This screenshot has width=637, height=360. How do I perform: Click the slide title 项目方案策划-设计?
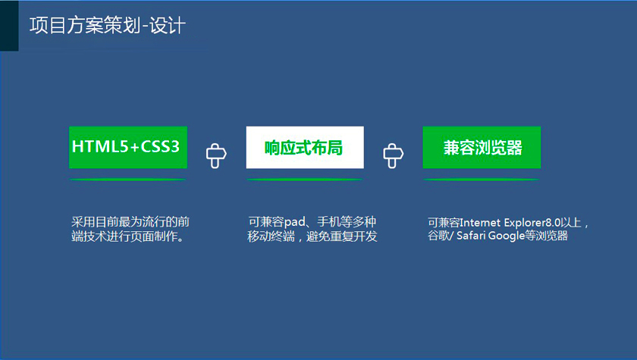pos(108,26)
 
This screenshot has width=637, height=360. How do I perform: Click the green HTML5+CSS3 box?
pos(128,147)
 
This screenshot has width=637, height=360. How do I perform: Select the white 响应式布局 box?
pos(305,147)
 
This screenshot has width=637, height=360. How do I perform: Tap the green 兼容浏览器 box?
pos(482,147)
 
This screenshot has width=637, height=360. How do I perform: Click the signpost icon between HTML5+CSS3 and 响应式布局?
pos(216,155)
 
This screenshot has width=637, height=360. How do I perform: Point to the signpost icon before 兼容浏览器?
pos(394,155)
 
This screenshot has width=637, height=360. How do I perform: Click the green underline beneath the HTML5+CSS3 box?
pos(128,180)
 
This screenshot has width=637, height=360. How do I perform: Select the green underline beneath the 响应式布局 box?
pos(305,180)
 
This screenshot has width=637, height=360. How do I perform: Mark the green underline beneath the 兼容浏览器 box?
pos(482,180)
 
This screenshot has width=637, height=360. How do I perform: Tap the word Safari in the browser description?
pos(471,236)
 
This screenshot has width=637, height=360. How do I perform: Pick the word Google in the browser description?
pos(507,236)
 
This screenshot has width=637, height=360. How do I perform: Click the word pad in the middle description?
pos(294,222)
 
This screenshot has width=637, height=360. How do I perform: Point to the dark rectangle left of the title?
pos(9,26)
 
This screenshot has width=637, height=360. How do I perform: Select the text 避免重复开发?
pos(342,236)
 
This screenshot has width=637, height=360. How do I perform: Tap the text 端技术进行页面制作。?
pos(128,236)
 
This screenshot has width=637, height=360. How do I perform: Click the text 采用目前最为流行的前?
pos(130,222)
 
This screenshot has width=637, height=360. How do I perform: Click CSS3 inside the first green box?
pos(160,146)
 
